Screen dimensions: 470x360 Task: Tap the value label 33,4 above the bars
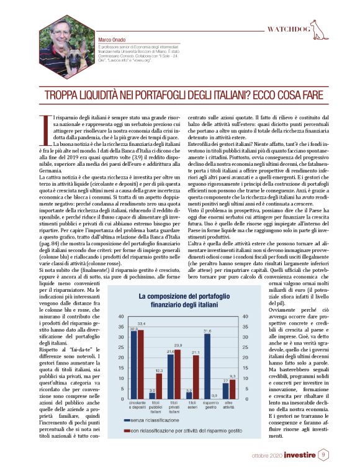tap(142, 324)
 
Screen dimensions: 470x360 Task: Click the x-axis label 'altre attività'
tap(229, 407)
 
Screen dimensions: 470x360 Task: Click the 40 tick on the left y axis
tap(122, 318)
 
